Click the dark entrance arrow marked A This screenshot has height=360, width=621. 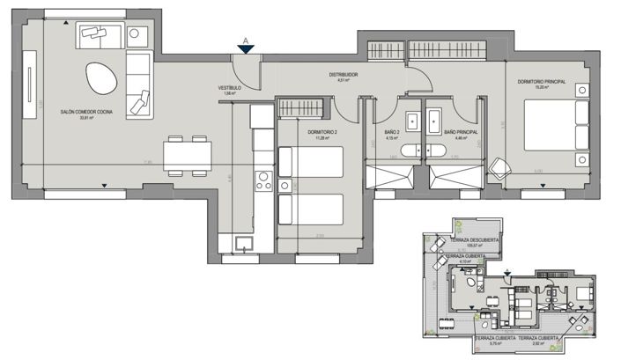[x=248, y=49]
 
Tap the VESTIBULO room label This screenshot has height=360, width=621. [x=230, y=88]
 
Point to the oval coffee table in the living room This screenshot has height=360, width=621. [x=101, y=78]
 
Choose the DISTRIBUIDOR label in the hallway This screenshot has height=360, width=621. [x=343, y=75]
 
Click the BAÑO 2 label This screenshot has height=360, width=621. [x=393, y=132]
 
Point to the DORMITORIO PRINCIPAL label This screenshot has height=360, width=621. [x=541, y=82]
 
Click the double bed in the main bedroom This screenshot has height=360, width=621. [x=555, y=131]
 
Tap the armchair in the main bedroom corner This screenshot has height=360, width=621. [x=499, y=166]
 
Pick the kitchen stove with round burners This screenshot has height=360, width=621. [x=262, y=181]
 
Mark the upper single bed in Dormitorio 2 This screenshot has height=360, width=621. [x=310, y=162]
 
